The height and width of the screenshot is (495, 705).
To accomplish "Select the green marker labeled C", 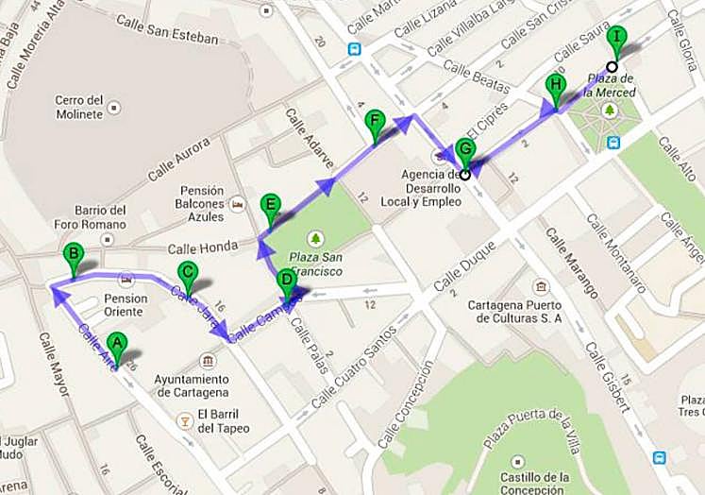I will tap(187, 275).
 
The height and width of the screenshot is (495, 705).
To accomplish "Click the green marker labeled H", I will tap(555, 88).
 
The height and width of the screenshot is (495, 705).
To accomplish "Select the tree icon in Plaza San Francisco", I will tap(315, 237).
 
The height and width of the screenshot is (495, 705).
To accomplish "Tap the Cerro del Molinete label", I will tap(78, 107).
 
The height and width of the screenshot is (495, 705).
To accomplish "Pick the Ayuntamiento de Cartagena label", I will tap(193, 385).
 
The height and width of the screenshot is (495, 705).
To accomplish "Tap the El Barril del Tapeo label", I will tap(224, 420).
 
